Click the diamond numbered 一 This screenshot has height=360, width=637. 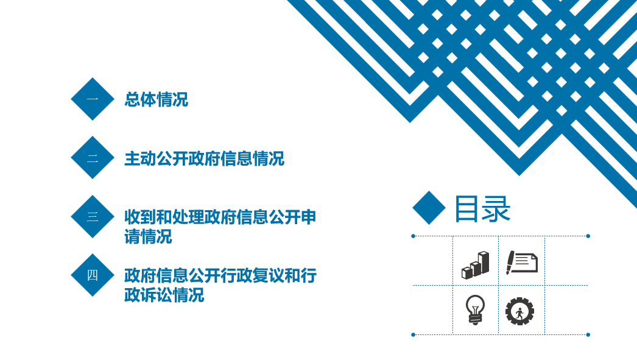click(x=93, y=99)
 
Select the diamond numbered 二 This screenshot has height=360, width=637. click(x=93, y=157)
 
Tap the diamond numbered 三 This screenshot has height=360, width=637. click(x=93, y=216)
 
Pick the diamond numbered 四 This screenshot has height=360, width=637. click(x=93, y=275)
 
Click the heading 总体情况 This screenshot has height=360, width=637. click(x=157, y=99)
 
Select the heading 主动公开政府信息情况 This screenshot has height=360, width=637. click(x=205, y=158)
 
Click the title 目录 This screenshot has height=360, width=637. click(x=482, y=209)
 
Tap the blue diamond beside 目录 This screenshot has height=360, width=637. click(x=429, y=208)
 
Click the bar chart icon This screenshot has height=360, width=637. click(x=475, y=265)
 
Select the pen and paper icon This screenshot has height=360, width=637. click(x=522, y=263)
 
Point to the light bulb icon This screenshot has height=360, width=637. click(x=475, y=309)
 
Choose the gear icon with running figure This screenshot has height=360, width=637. click(x=519, y=311)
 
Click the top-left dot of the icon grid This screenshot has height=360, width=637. click(x=413, y=236)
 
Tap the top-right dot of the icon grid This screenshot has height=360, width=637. click(x=588, y=236)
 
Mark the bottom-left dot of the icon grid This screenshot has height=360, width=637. click(x=413, y=335)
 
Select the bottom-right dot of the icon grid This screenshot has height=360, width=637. click(x=588, y=335)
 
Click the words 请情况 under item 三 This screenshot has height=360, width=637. click(x=148, y=236)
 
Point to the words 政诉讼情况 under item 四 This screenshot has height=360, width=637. click(x=164, y=295)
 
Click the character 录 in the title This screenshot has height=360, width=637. click(x=497, y=209)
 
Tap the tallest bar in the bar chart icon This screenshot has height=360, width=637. click(x=484, y=262)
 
